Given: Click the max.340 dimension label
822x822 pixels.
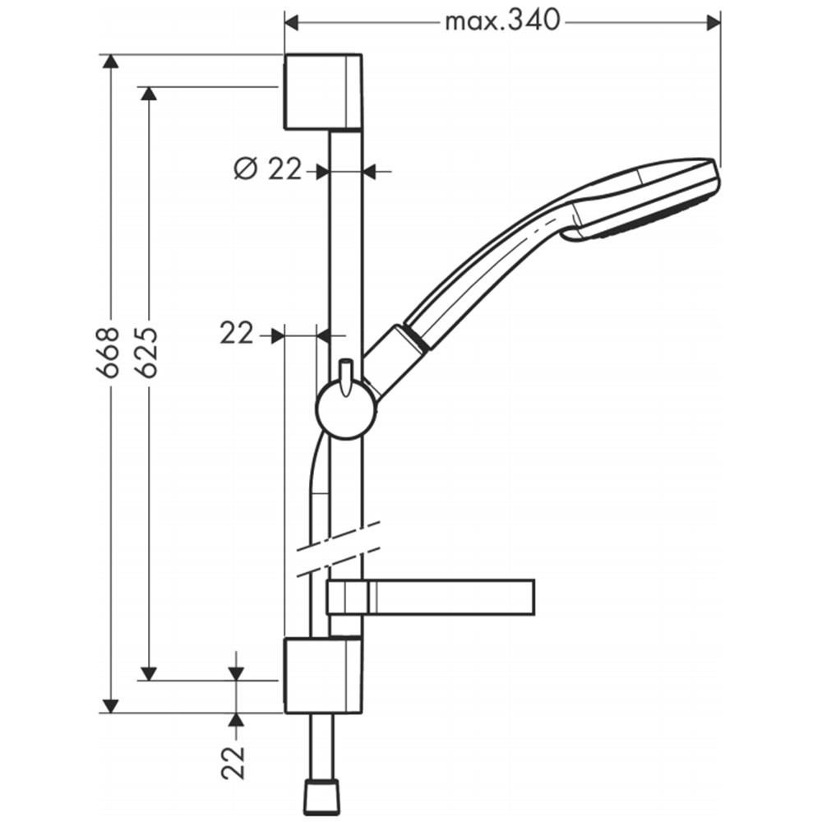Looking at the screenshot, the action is [x=502, y=21].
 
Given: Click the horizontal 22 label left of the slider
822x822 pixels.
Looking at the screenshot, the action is [x=236, y=334].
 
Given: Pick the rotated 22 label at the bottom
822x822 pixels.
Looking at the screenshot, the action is [x=233, y=763].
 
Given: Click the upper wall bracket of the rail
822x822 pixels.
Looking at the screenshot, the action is [x=322, y=91].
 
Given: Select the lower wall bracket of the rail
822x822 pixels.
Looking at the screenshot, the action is [x=322, y=675].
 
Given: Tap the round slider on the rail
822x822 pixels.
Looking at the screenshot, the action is [x=345, y=410].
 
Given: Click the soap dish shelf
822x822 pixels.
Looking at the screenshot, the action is [x=430, y=597].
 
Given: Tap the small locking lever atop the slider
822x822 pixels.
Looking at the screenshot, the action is [x=346, y=376].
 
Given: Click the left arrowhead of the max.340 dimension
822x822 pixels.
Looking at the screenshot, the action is [x=291, y=22].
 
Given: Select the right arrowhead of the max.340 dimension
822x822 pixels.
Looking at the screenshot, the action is [x=713, y=22].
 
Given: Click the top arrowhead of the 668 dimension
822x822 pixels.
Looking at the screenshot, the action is [x=109, y=62].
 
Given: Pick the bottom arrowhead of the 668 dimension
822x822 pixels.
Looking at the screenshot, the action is [x=109, y=705].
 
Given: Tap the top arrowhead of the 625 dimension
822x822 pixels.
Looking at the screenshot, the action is [x=150, y=94].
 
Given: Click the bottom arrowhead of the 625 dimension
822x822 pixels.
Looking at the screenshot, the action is [x=150, y=673].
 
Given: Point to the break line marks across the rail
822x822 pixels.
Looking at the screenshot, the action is [x=338, y=549].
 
